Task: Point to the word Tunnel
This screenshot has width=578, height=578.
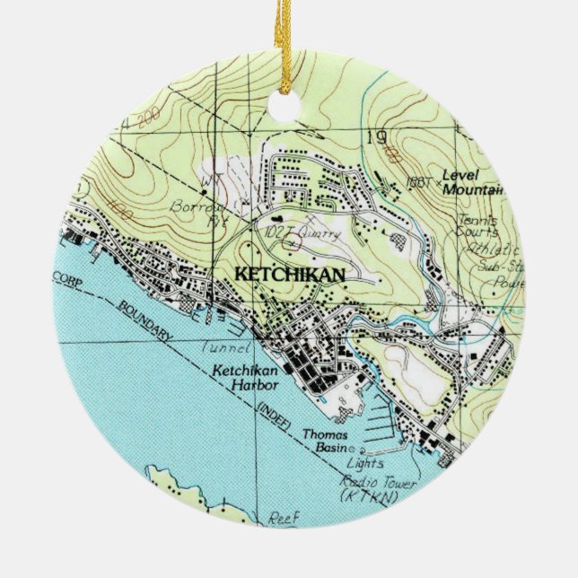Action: click(x=223, y=349)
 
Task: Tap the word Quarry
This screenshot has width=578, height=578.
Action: click(x=321, y=235)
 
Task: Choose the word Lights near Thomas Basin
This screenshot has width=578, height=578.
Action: click(x=367, y=463)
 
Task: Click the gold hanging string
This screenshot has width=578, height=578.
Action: click(x=289, y=45)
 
